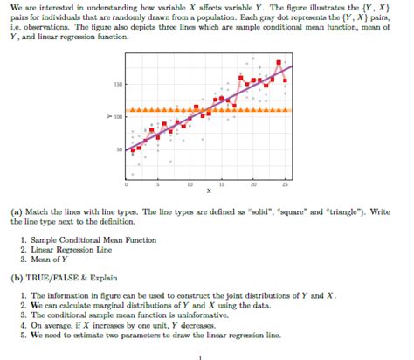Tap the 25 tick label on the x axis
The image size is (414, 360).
(284, 185)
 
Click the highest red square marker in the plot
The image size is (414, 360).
(278, 63)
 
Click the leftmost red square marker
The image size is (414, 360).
(132, 150)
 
